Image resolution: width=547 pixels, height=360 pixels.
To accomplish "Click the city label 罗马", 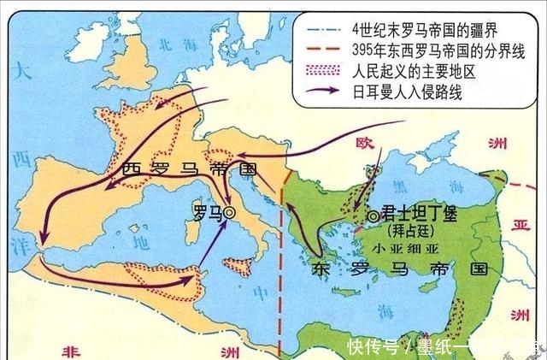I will click(x=206, y=210).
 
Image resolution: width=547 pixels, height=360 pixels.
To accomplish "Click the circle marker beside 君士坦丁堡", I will click(x=372, y=217).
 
